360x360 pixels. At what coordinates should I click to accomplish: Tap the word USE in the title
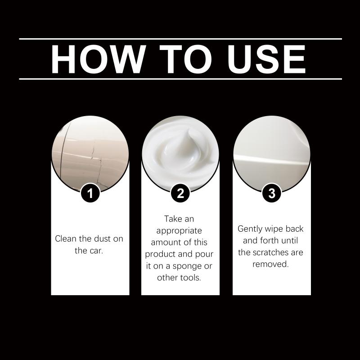coord(266,59)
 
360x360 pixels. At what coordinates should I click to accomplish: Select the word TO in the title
coord(185,59)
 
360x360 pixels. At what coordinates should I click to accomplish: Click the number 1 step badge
coord(90,193)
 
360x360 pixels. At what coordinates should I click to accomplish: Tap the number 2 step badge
coord(180,193)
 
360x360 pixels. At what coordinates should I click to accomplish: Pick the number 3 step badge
coord(272,193)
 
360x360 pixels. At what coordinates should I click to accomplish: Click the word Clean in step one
coord(66,238)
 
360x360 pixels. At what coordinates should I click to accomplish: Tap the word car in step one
coord(95,251)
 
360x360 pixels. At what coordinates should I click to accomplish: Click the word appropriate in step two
coord(179,231)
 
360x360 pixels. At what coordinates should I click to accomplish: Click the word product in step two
coord(160,254)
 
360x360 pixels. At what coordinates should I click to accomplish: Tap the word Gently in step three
coord(250,229)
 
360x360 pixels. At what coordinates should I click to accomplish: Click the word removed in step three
coord(270,264)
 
